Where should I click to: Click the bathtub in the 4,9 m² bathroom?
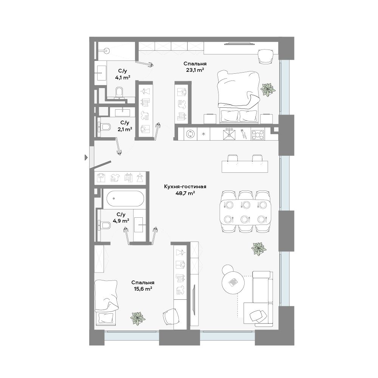tap(125, 198)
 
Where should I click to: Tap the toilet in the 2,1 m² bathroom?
tap(104, 127)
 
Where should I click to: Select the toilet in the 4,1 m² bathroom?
tap(119, 92)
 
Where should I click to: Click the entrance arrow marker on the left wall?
tap(86, 157)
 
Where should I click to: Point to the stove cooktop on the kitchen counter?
tap(258, 135)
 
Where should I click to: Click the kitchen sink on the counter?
tap(229, 134)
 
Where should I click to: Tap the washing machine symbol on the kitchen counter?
tap(191, 134)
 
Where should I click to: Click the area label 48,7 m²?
tap(185, 193)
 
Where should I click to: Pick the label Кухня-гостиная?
tap(185, 186)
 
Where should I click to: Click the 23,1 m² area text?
tap(195, 70)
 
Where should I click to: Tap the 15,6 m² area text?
tap(143, 288)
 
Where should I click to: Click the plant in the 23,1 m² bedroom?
tap(268, 90)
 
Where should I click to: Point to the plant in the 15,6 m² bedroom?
tap(138, 319)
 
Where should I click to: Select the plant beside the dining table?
tap(259, 249)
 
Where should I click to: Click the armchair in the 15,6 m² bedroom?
tap(171, 317)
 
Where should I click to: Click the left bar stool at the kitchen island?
tap(232, 159)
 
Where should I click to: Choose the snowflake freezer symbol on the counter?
tap(203, 134)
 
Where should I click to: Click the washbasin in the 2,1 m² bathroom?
tap(123, 112)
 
